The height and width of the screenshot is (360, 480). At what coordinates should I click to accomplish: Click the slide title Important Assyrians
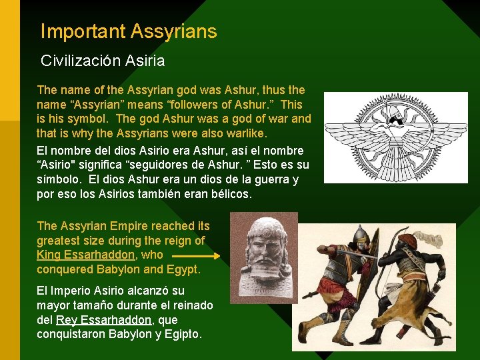(x=129, y=31)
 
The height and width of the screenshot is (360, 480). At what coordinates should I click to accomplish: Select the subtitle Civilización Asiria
(x=103, y=61)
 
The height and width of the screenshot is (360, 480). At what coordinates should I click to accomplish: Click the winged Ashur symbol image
(x=396, y=137)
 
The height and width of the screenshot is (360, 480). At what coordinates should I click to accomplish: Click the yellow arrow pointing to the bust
(x=196, y=255)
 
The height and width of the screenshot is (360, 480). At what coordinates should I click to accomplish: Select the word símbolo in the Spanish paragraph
(x=60, y=180)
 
